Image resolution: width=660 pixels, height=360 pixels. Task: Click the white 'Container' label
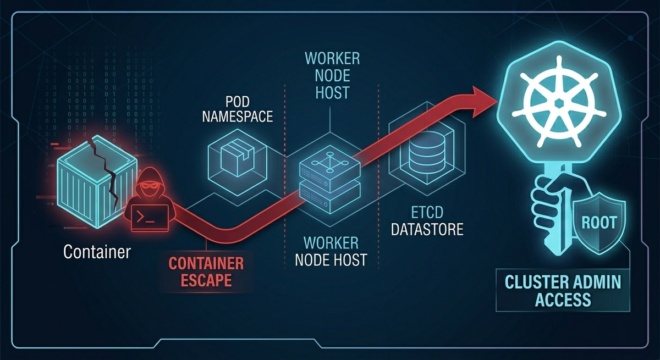[97, 252]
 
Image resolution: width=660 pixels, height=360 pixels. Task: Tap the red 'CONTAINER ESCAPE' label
[206, 271]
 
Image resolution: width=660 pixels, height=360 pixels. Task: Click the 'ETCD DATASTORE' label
[427, 220]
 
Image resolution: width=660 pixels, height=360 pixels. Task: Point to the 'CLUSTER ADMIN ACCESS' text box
[562, 291]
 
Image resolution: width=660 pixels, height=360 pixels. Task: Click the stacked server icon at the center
[329, 184]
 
